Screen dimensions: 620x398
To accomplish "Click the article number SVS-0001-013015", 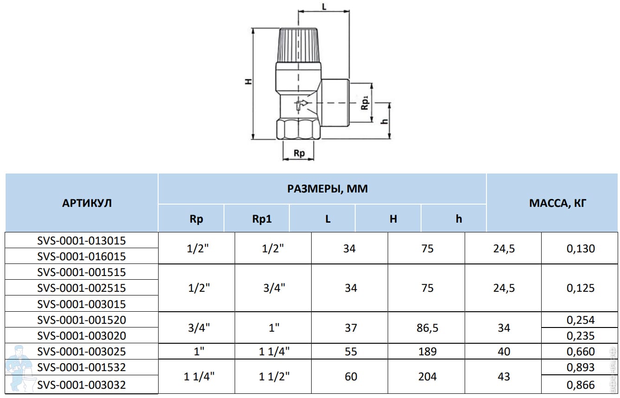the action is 81,240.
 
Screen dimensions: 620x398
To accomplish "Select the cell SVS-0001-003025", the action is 81,351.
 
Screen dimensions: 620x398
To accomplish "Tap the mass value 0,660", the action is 581,351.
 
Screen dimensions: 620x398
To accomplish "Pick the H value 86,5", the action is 428,327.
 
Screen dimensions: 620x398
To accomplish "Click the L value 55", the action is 351,351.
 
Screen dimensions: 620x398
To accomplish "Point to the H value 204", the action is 428,376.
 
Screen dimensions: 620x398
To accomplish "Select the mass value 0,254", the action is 581,320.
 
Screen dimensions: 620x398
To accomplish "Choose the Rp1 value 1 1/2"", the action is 274,376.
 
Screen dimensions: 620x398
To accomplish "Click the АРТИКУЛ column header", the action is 87,203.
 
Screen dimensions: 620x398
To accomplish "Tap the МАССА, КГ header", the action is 557,203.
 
